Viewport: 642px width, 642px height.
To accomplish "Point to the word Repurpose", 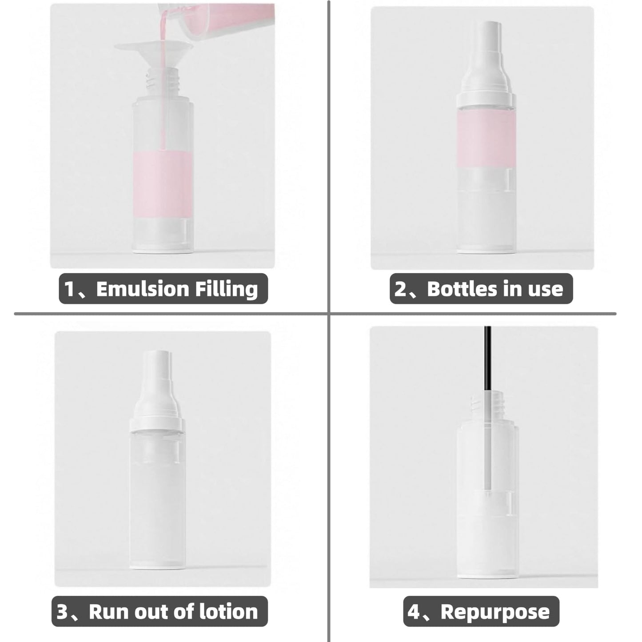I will pos(495,611).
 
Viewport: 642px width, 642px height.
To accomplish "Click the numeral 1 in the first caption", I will pos(69,289).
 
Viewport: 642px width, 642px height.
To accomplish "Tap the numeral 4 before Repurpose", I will pos(413,611).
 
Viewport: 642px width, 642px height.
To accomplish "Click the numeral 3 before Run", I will pos(62,611).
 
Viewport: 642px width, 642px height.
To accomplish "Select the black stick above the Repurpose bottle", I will pos(487,355).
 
